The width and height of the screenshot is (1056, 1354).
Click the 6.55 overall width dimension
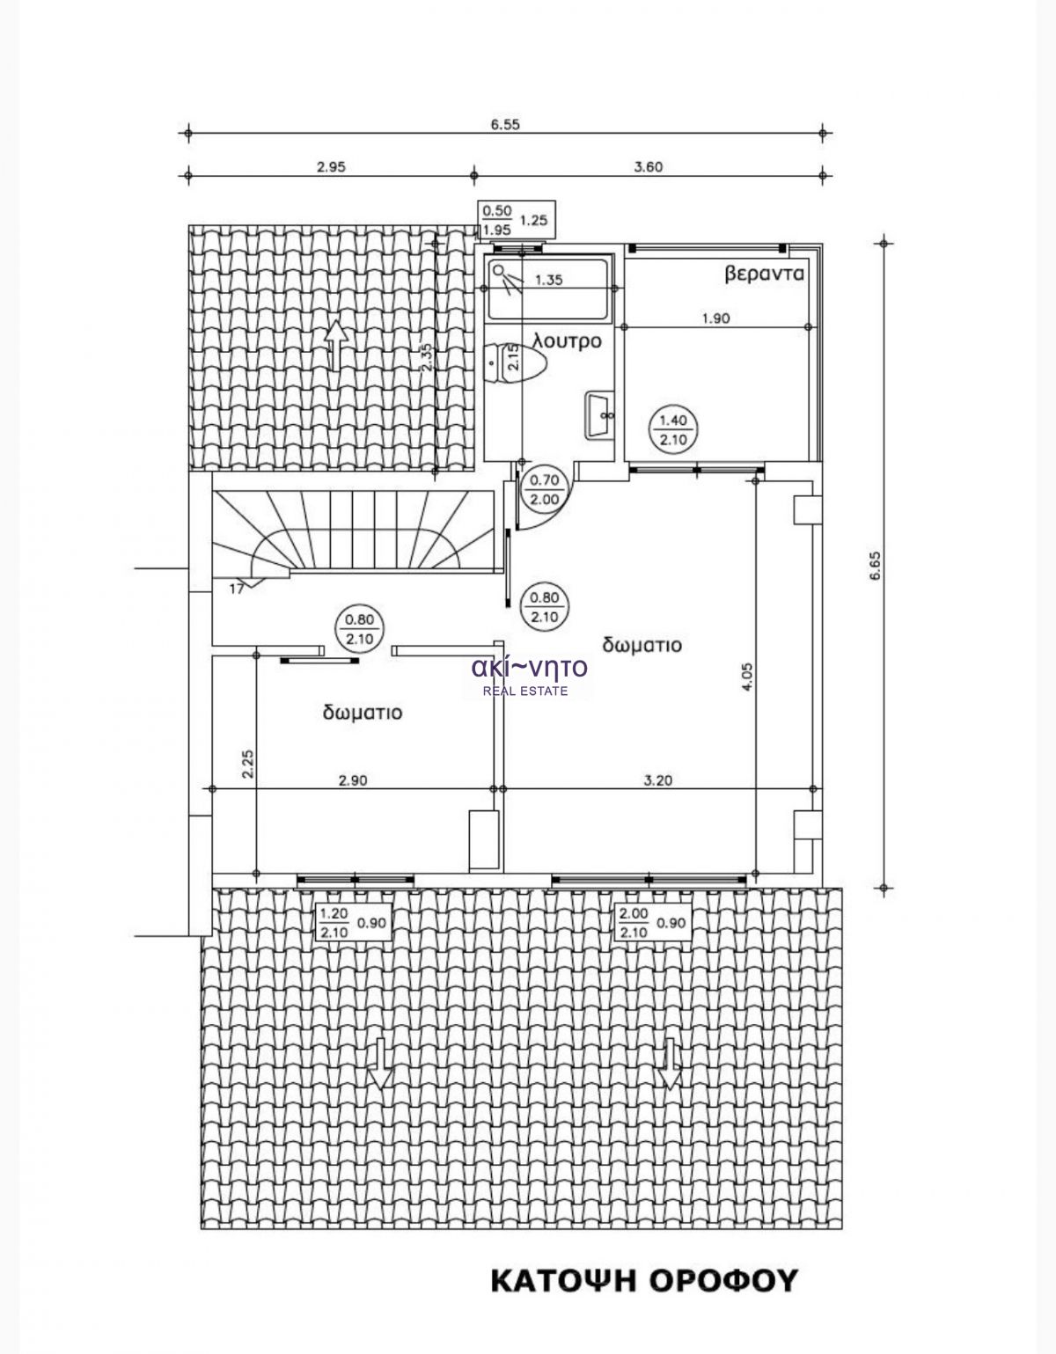click(504, 124)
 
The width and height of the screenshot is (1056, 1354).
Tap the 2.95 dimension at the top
click(331, 167)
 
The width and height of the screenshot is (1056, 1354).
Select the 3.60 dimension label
click(648, 167)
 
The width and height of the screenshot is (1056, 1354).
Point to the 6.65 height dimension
click(876, 566)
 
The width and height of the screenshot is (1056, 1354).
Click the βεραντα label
click(764, 274)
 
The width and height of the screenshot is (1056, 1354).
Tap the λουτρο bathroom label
click(567, 342)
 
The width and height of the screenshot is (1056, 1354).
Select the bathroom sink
click(599, 414)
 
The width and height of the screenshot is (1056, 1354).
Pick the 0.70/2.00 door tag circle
click(544, 489)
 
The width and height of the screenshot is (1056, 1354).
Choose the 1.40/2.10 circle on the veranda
click(673, 430)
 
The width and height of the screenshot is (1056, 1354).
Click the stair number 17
click(236, 589)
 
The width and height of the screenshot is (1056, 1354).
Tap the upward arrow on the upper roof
click(335, 345)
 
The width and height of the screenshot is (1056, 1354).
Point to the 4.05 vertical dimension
click(748, 676)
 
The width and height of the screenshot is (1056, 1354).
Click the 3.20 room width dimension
click(658, 780)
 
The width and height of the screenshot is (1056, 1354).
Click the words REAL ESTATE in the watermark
click(526, 691)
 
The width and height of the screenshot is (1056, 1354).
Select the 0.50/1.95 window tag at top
click(515, 220)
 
